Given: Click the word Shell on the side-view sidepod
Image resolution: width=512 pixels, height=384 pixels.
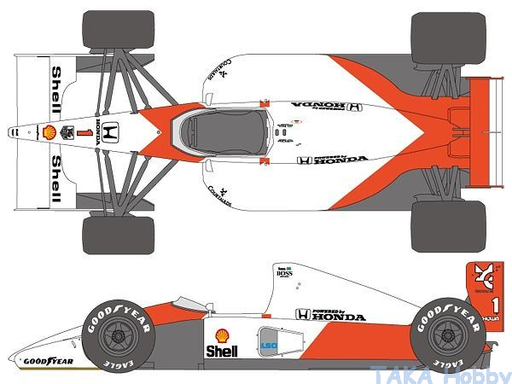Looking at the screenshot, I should [x=221, y=351].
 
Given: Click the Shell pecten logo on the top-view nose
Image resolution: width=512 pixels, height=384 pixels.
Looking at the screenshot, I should [x=49, y=131].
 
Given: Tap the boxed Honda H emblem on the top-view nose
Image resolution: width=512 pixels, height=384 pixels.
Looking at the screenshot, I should [x=116, y=132].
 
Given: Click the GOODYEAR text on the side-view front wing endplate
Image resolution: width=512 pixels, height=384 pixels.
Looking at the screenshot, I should [x=48, y=361].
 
